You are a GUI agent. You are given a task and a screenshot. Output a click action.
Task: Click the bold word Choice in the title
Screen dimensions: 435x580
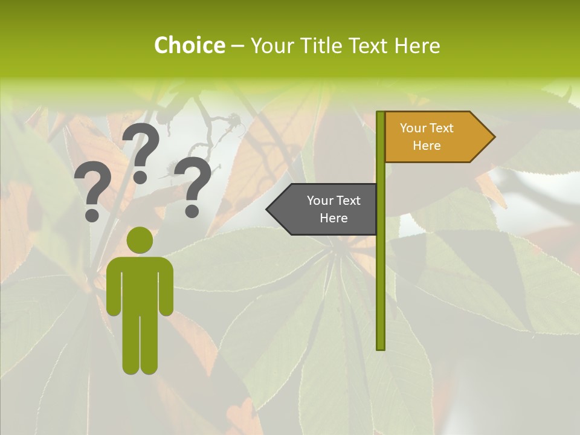click(189, 45)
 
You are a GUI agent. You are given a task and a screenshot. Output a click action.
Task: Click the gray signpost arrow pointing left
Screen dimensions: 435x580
click(326, 209)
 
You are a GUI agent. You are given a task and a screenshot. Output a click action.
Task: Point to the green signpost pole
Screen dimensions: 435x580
click(380, 272)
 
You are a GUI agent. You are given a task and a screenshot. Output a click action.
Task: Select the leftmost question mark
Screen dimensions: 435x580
click(91, 193)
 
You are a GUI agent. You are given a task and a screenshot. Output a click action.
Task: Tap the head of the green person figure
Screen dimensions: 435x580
click(140, 240)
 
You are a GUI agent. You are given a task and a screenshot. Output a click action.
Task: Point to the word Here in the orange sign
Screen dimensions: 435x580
click(427, 146)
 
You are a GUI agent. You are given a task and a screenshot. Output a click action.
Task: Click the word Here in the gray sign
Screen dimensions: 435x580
click(333, 218)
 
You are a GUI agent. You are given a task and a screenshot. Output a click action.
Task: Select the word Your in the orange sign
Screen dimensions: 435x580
click(413, 128)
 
